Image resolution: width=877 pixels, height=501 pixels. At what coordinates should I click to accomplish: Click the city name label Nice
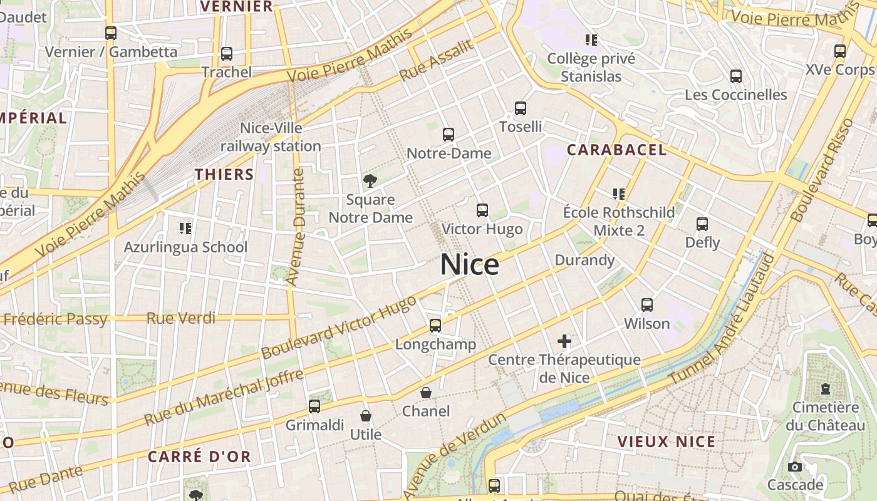tap(470, 265)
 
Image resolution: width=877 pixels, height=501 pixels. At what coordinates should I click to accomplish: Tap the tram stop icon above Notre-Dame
tap(449, 134)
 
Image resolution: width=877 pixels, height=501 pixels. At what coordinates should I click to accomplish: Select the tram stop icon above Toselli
tap(521, 108)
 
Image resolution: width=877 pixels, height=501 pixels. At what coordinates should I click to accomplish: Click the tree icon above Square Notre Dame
tap(370, 181)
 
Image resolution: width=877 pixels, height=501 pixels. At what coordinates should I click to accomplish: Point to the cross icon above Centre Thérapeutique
tap(564, 341)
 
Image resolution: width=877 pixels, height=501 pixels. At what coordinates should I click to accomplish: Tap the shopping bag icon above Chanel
tap(426, 393)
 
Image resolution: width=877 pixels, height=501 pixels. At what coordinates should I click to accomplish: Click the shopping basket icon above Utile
tap(366, 416)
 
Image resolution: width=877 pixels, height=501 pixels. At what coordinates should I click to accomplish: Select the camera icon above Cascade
tap(795, 467)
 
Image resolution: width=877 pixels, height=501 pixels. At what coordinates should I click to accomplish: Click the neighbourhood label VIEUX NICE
tap(667, 442)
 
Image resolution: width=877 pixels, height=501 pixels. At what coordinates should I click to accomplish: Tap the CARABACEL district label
tap(617, 150)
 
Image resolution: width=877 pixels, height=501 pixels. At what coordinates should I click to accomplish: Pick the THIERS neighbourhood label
tap(224, 174)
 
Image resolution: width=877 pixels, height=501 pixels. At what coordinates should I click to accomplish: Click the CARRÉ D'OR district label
tap(199, 457)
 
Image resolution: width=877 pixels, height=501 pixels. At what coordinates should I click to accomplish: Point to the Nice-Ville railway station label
tap(271, 137)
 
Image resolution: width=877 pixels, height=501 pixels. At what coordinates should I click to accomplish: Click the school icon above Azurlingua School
tap(185, 228)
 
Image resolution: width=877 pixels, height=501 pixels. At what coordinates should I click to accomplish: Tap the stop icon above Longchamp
tap(435, 325)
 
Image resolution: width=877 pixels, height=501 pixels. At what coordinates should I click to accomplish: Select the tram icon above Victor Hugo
tap(482, 210)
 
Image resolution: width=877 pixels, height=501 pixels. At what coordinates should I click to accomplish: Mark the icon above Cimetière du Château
tap(826, 389)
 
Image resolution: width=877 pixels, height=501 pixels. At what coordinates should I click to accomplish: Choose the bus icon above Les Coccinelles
tap(736, 76)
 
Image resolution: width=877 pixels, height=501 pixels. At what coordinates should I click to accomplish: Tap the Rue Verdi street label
tap(180, 319)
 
